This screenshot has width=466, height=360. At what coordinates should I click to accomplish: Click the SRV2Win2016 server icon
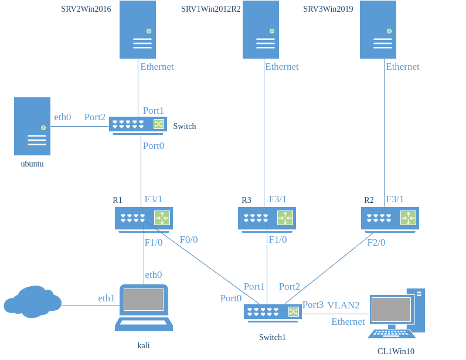click(138, 29)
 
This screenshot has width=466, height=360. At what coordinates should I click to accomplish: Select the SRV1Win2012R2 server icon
click(261, 29)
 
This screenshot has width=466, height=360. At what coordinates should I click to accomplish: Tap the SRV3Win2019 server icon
click(378, 29)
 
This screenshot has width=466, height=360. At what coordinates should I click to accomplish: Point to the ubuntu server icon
click(32, 126)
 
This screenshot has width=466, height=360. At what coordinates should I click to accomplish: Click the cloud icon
click(33, 301)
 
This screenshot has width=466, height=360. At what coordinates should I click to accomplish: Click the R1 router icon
click(144, 218)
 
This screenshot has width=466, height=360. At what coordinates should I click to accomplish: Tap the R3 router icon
click(267, 218)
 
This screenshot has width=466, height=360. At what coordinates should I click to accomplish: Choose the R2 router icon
click(390, 218)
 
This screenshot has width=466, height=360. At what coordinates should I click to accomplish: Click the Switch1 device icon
click(273, 313)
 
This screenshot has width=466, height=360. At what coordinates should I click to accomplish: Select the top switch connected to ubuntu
click(138, 125)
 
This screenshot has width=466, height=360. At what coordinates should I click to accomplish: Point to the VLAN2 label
click(343, 305)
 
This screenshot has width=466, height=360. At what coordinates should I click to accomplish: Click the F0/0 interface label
click(189, 239)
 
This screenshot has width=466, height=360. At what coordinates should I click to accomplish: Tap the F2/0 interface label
click(376, 242)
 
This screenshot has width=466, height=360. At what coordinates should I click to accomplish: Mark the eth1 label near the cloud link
click(106, 299)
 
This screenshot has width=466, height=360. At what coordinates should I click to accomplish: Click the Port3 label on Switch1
click(312, 305)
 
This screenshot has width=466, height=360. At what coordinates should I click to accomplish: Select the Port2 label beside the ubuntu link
click(95, 117)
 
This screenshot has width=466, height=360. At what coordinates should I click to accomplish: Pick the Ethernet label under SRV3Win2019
click(403, 67)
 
